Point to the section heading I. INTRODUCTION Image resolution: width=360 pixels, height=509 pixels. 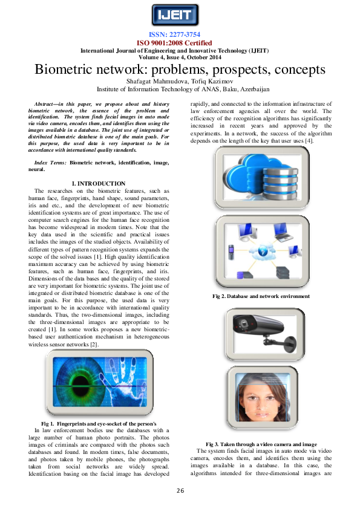99,183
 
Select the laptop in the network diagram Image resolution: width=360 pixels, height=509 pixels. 283,230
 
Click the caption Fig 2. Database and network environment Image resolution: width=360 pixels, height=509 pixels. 261,296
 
